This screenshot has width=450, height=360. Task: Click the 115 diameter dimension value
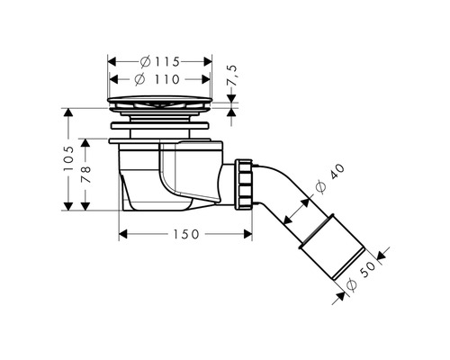[167, 62]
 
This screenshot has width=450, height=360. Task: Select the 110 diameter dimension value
[167, 79]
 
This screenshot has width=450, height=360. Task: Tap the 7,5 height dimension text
[232, 76]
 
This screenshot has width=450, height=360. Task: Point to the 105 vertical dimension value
[68, 158]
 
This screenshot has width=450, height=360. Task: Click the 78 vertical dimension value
[85, 175]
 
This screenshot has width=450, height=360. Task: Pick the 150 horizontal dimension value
[186, 234]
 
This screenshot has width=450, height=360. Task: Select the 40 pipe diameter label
[337, 172]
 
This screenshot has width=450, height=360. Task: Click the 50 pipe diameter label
[368, 269]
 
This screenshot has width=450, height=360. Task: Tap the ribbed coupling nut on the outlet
[244, 184]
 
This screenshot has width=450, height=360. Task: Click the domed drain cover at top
[160, 99]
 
